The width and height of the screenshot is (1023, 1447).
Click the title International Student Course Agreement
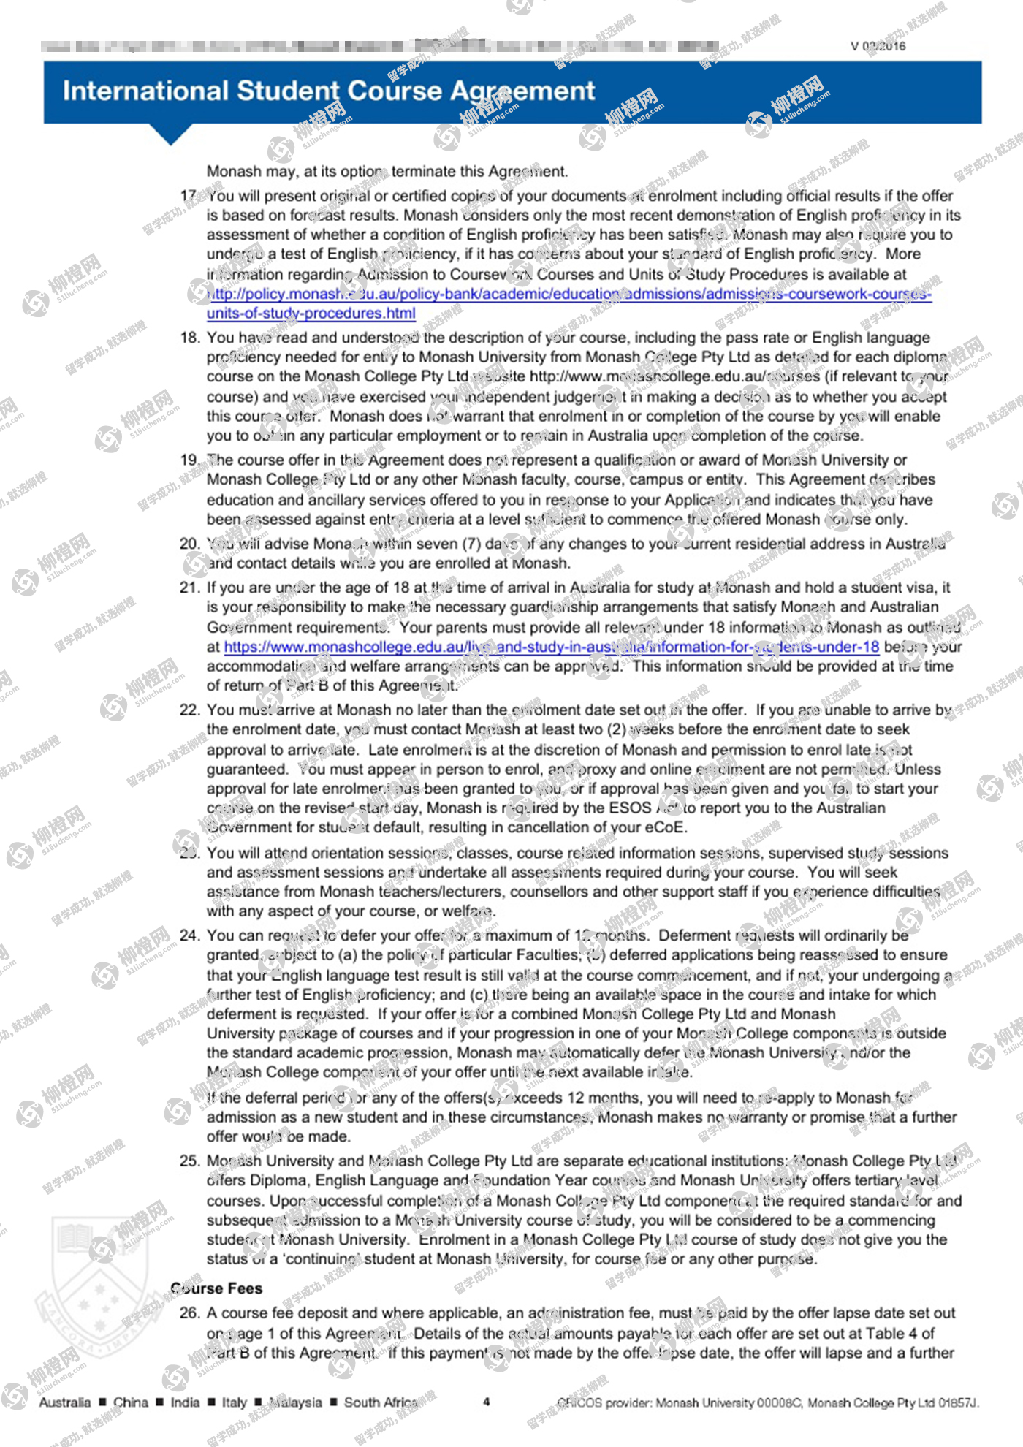pos(329,91)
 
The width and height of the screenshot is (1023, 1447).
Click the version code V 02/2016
pos(878,46)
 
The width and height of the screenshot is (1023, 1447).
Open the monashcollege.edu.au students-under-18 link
pos(552,647)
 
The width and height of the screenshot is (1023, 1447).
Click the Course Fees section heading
pos(216,1288)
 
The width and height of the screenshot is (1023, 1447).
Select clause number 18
pos(189,338)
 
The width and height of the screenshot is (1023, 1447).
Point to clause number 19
pos(189,460)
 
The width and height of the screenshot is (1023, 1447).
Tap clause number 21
pos(189,588)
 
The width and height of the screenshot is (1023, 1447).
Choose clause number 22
pos(189,710)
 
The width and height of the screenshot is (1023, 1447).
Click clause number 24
pos(189,935)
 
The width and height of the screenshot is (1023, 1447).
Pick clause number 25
pos(189,1161)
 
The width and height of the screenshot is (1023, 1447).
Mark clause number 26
pos(189,1313)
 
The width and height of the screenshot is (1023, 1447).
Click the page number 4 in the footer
pos(487,1402)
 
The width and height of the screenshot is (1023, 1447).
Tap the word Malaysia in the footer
pos(294,1402)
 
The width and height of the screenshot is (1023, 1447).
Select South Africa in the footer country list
pos(380,1402)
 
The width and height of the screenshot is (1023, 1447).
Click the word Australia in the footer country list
pos(65,1402)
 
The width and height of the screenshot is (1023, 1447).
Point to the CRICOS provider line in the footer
pos(767,1402)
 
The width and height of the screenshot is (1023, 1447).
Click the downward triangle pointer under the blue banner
pos(171,134)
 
